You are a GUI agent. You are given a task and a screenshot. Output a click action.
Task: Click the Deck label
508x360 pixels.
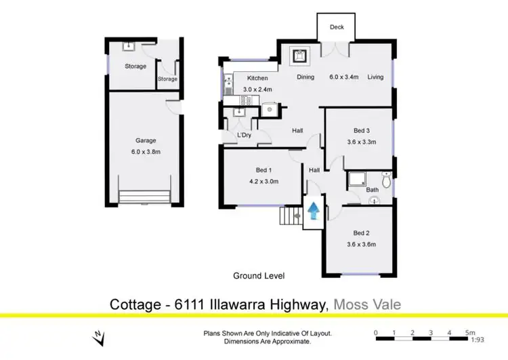tap(337, 28)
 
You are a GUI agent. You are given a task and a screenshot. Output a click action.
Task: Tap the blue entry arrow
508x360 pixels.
tap(314, 212)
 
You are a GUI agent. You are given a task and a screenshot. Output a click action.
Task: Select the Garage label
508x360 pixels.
tap(146, 141)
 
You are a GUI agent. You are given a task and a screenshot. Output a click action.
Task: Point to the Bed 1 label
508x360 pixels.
tap(264, 170)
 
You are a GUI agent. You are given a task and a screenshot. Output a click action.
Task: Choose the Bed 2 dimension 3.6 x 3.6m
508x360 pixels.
tap(360, 244)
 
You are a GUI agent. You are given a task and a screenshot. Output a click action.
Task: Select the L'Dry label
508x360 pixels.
tap(245, 136)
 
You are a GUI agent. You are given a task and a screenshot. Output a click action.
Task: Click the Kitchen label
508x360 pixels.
tap(257, 78)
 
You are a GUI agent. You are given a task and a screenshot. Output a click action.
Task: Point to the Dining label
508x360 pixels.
tap(305, 77)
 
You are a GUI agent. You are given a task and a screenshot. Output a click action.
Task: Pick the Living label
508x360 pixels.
tap(375, 77)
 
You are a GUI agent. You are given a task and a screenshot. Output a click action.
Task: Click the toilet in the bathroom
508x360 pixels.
tap(385, 180)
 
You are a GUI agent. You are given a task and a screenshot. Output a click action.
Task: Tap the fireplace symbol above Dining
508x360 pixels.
tap(299, 56)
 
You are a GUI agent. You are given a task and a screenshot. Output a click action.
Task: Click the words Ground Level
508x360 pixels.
tap(259, 276)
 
